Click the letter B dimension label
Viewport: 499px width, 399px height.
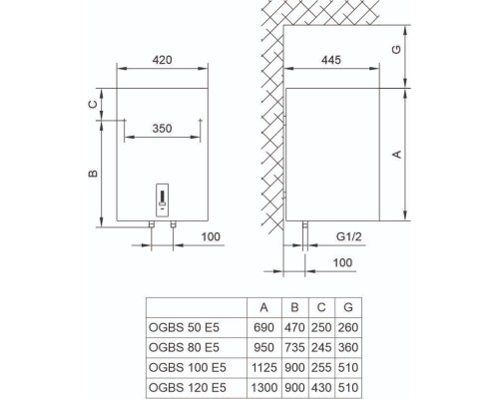pos(92,175)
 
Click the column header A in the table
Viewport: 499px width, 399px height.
pos(262,307)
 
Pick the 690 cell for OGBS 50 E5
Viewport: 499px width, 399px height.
pos(262,326)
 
